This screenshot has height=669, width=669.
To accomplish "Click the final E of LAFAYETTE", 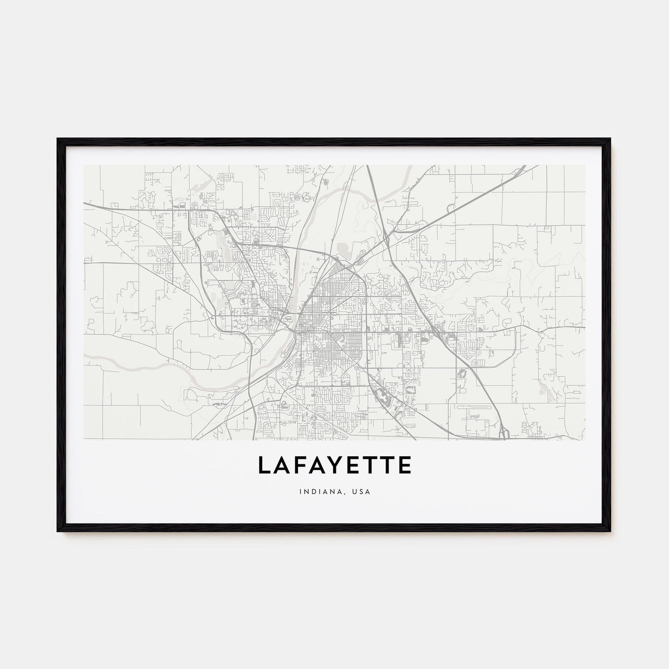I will point(404,465).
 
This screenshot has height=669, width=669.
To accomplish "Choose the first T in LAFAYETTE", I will point(372,465).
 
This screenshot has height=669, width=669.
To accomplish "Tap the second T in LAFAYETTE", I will point(388,465).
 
